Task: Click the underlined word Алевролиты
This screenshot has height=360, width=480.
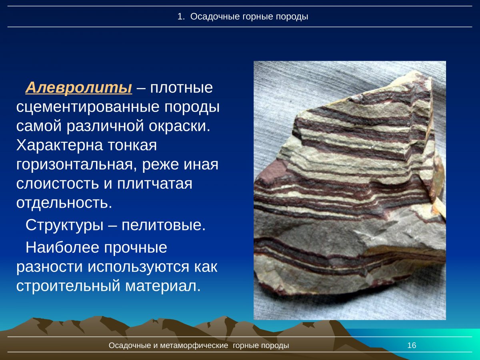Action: [x=78, y=87]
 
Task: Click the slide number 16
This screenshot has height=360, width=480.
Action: [x=412, y=346]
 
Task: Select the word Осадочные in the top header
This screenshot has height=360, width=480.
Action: [x=215, y=17]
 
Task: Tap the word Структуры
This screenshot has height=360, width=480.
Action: [x=63, y=225]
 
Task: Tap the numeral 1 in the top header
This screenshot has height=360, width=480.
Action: [x=180, y=17]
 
